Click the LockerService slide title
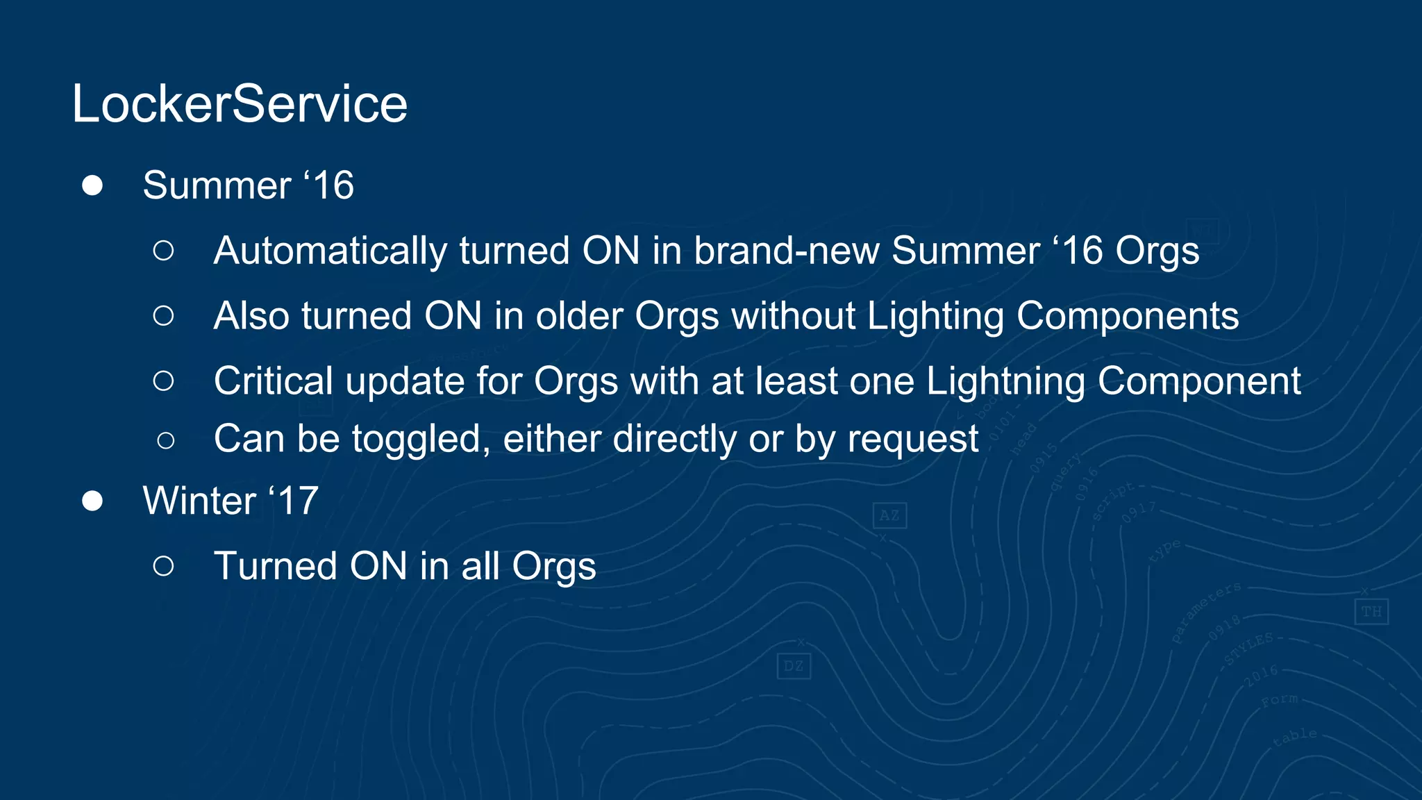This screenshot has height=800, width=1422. tap(240, 104)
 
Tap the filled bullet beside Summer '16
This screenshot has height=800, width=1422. tap(92, 185)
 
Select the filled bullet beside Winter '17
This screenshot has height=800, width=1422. tap(92, 501)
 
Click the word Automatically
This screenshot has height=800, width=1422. tap(331, 251)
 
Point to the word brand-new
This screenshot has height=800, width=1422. tap(787, 251)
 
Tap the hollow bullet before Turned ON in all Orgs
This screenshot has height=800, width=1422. tap(164, 566)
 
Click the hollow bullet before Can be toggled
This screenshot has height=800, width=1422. tap(165, 440)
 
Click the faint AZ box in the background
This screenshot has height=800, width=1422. tap(889, 515)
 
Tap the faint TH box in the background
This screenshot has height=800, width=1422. tap(1371, 612)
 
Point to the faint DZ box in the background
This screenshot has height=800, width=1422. tap(794, 667)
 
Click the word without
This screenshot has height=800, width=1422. tap(793, 316)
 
